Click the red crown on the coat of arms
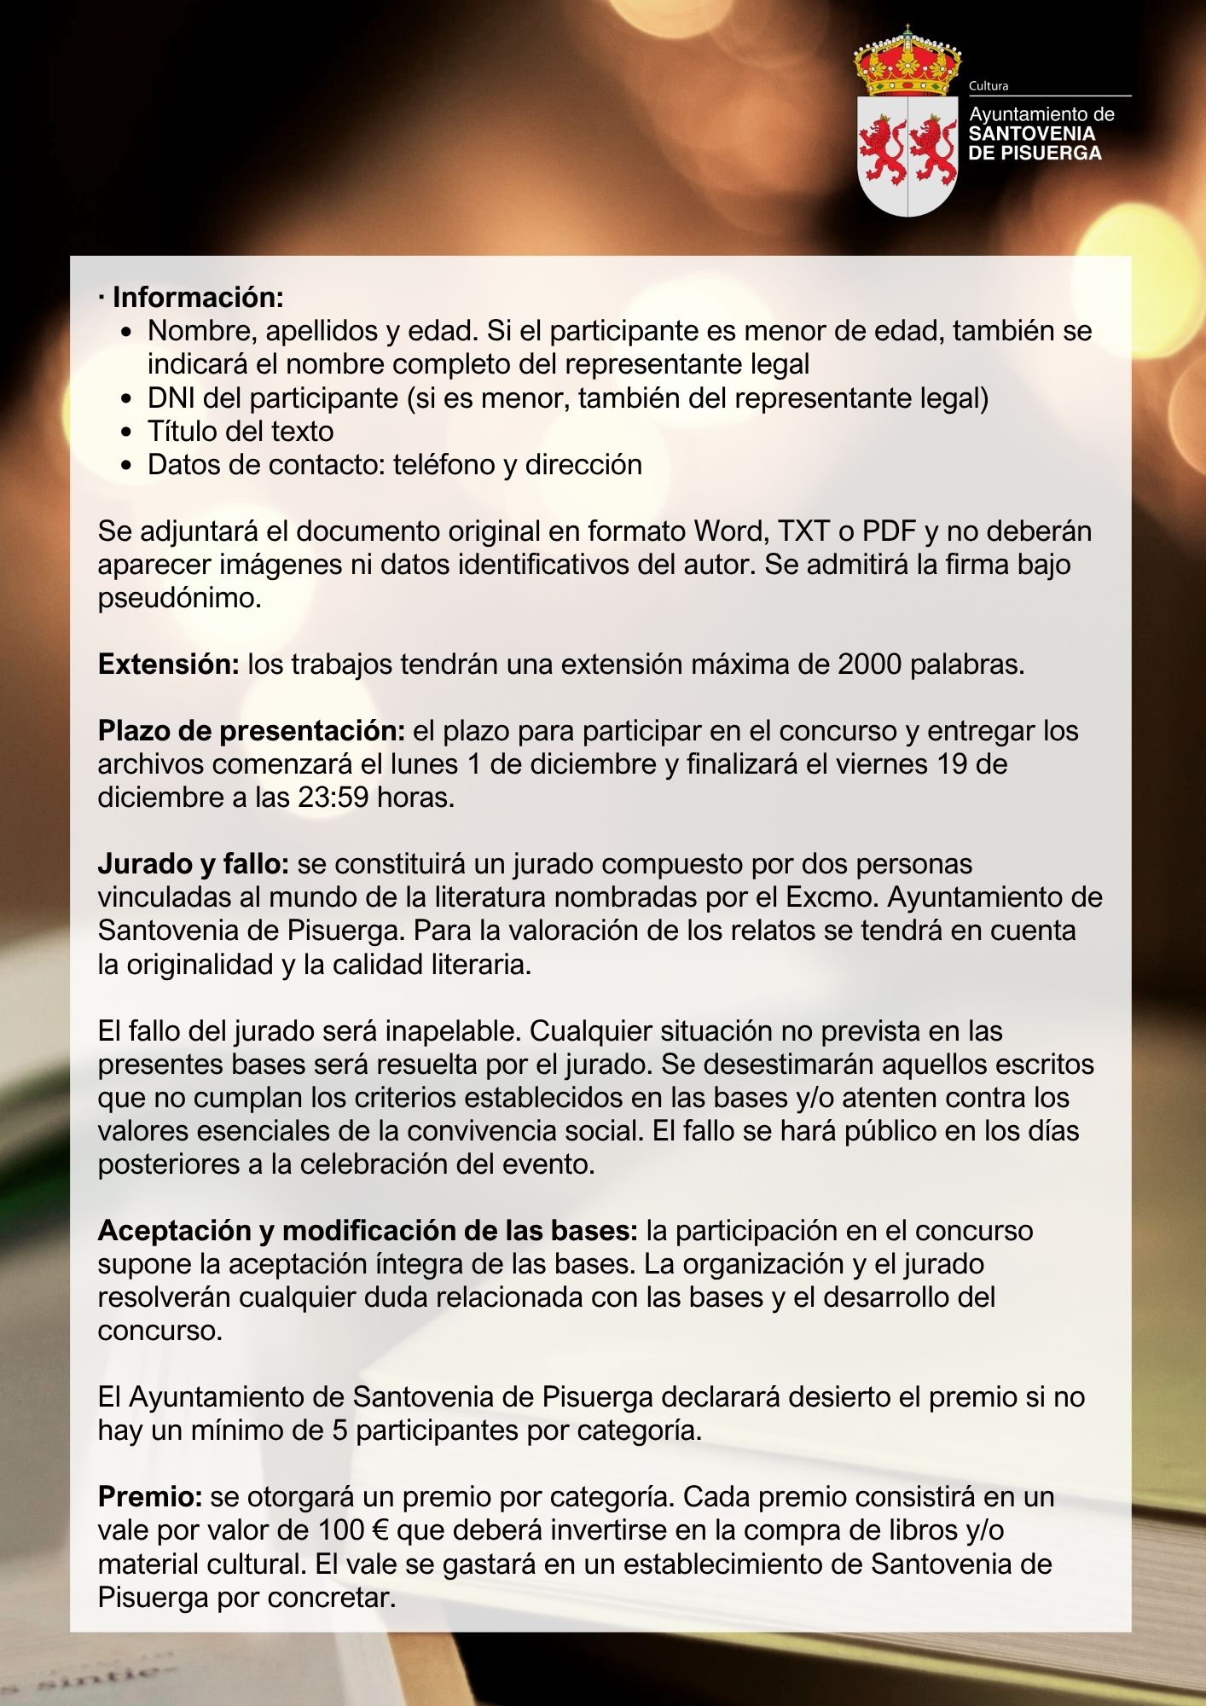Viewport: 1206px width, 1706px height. [907, 63]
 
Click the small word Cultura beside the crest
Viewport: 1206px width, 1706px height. [989, 86]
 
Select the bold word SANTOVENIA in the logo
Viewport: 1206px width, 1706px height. [1032, 134]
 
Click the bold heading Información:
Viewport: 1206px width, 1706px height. [198, 298]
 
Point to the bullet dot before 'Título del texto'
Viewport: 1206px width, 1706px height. [127, 432]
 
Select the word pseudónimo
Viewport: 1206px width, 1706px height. [179, 598]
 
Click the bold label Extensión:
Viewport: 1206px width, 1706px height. [169, 664]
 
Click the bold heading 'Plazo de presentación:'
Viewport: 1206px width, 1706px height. [251, 731]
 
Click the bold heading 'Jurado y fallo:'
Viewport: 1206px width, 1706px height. [194, 864]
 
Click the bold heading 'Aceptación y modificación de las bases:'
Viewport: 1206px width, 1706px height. [368, 1231]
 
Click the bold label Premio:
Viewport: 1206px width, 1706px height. [150, 1497]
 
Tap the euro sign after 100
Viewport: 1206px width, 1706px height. [380, 1530]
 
